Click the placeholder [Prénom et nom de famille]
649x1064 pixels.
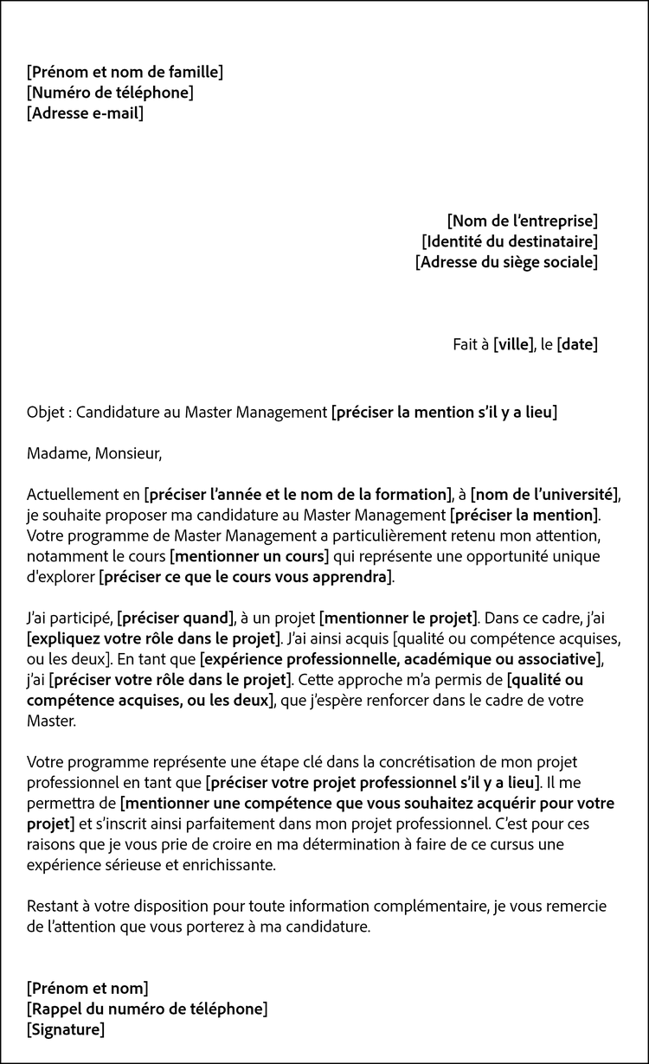pyautogui.click(x=125, y=72)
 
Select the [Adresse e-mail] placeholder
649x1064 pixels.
pyautogui.click(x=86, y=113)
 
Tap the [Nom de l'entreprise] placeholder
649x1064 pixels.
pyautogui.click(x=522, y=221)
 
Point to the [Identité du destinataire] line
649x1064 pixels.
pyautogui.click(x=510, y=241)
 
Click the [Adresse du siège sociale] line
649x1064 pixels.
pyautogui.click(x=506, y=262)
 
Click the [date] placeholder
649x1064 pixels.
pyautogui.click(x=578, y=344)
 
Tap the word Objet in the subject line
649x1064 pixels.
pyautogui.click(x=45, y=413)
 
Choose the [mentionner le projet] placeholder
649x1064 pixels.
pyautogui.click(x=398, y=619)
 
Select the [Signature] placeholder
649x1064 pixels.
pyautogui.click(x=66, y=1029)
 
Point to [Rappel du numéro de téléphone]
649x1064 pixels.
pyautogui.click(x=147, y=1009)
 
